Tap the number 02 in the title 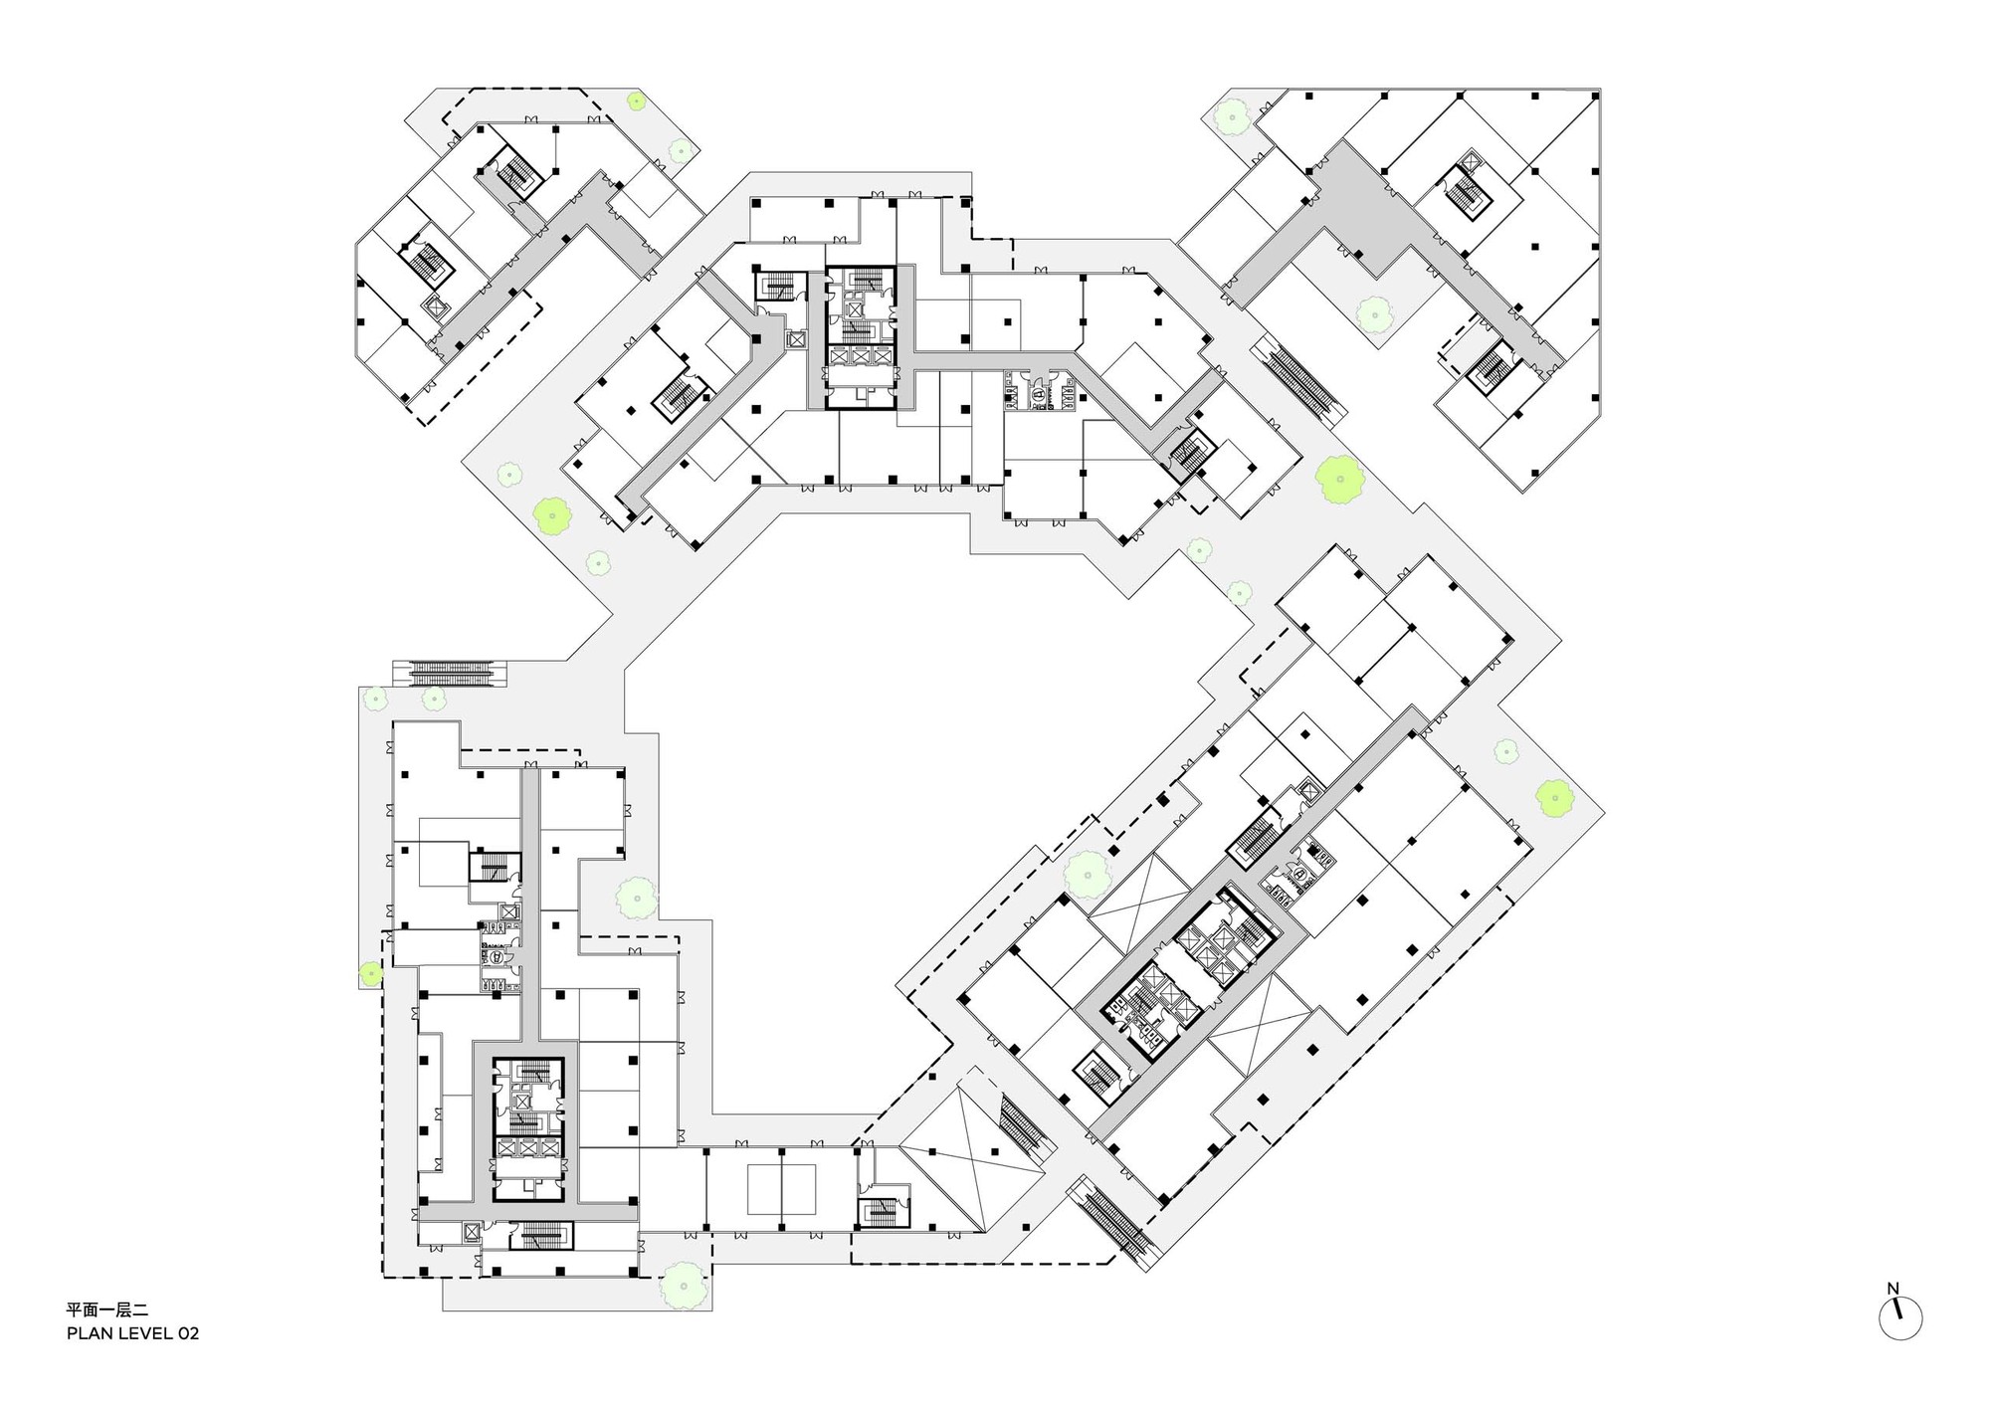188,1333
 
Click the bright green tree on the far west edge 371,973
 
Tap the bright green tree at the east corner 1553,796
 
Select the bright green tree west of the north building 550,514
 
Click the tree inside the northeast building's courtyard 1374,314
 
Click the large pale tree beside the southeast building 1088,874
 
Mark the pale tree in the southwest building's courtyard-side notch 635,899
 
